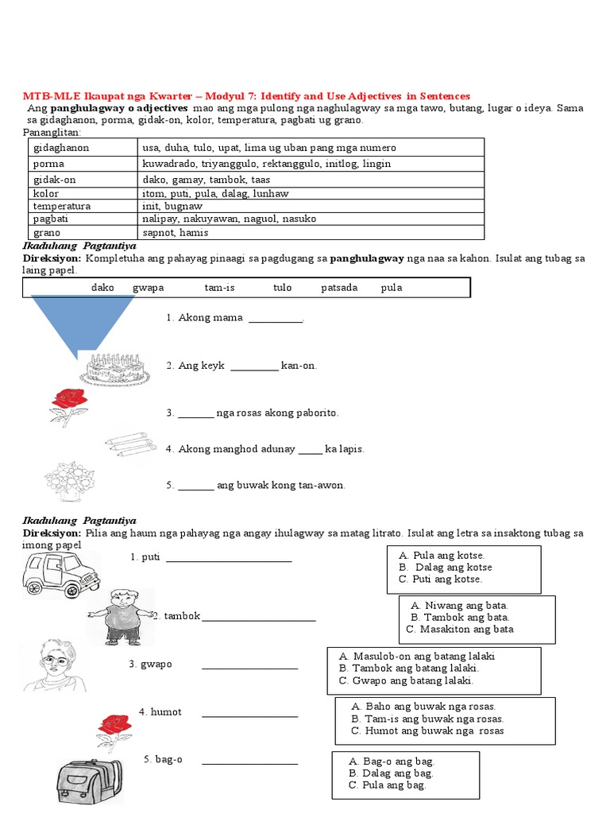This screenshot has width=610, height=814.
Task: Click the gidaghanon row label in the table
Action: click(x=61, y=148)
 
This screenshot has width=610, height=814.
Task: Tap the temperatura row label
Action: click(x=62, y=206)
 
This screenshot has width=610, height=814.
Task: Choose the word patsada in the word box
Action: click(x=339, y=288)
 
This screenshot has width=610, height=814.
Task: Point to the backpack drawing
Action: click(x=90, y=784)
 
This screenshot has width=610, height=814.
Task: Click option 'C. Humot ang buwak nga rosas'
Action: click(x=427, y=731)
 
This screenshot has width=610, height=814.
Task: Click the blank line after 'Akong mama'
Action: click(x=276, y=319)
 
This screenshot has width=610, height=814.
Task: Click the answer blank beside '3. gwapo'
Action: click(x=249, y=665)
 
